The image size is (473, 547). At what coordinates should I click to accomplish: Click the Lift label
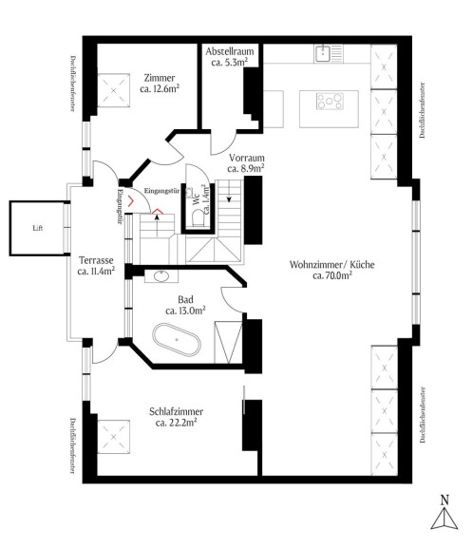click(x=38, y=228)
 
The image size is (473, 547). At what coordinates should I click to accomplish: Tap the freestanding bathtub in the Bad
click(x=177, y=340)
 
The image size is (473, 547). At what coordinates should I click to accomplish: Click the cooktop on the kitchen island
click(x=330, y=102)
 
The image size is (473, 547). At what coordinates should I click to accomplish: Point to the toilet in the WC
click(x=198, y=217)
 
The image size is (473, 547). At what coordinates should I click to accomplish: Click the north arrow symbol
click(x=445, y=512)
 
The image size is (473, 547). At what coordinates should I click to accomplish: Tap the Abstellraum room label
click(x=230, y=51)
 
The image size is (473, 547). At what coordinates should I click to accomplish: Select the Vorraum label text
click(x=247, y=158)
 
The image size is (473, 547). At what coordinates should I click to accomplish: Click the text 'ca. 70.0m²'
click(x=332, y=275)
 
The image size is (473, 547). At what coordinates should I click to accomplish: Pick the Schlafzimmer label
click(x=176, y=411)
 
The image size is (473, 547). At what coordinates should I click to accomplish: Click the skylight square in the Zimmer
click(x=113, y=91)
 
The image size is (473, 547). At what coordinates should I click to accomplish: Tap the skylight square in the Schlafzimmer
click(x=113, y=437)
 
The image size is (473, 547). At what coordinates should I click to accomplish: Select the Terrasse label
click(x=96, y=260)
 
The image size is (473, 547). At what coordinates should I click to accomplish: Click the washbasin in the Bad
click(x=161, y=276)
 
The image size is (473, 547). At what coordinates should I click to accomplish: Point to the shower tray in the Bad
click(x=228, y=342)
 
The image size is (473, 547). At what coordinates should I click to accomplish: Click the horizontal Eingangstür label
click(x=161, y=191)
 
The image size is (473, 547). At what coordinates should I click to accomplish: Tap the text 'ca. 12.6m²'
click(x=160, y=88)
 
